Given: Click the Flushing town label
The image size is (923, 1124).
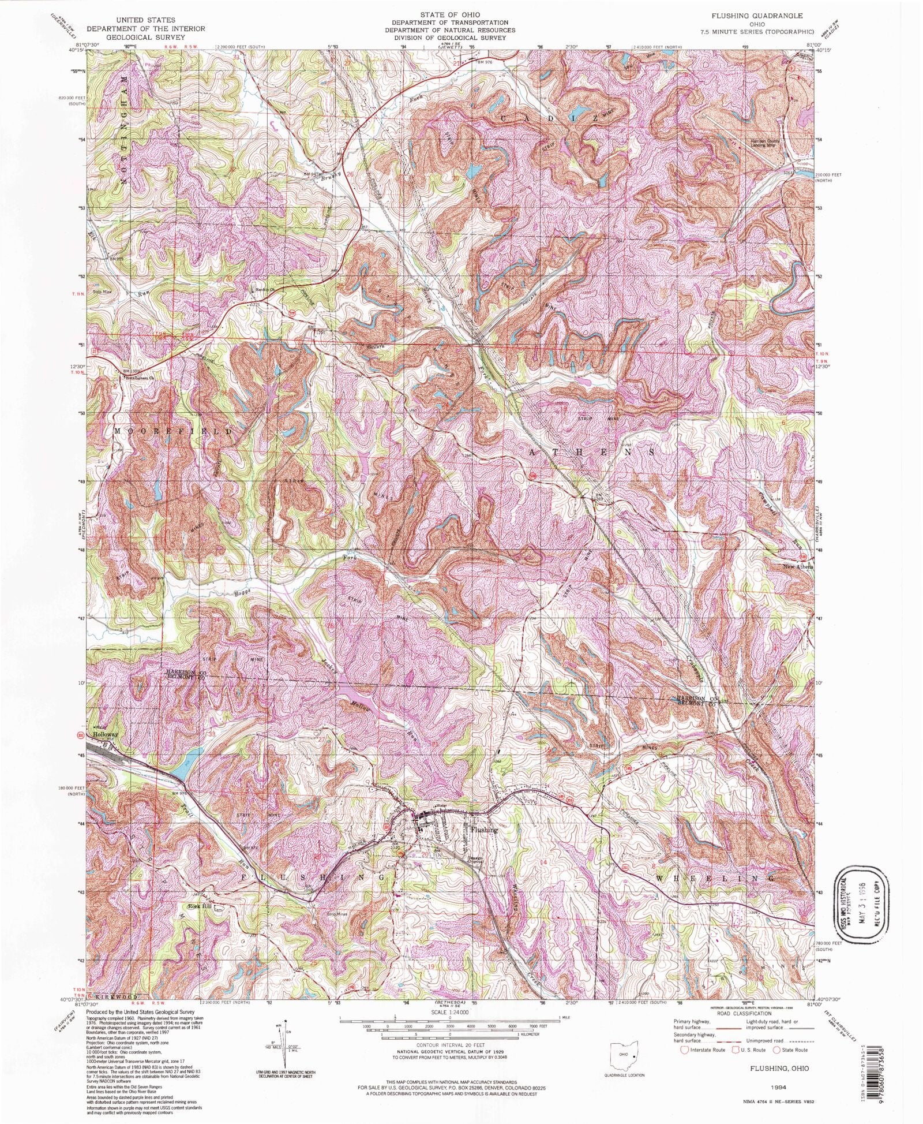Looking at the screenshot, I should [x=483, y=830].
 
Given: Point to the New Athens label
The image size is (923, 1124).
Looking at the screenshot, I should [x=797, y=567].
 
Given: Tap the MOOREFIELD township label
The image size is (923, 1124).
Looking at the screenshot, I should [x=175, y=431].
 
